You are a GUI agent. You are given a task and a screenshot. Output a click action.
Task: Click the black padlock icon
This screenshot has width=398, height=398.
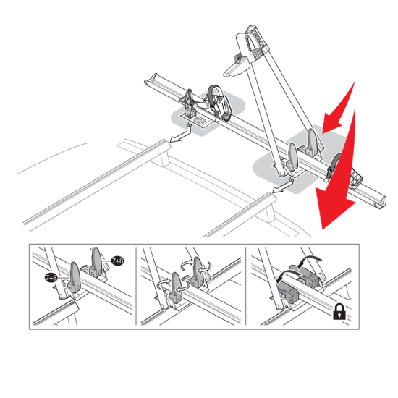[339, 311]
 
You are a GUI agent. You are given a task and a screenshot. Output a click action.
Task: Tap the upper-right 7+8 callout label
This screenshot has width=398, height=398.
[117, 261]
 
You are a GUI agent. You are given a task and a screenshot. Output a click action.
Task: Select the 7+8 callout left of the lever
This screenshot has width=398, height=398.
[51, 278]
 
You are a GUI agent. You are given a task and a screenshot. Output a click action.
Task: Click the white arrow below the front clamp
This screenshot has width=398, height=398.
[181, 134]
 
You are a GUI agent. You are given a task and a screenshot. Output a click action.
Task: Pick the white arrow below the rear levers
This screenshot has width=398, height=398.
[282, 185]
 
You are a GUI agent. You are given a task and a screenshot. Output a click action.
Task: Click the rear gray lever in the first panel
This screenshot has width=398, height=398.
[96, 263]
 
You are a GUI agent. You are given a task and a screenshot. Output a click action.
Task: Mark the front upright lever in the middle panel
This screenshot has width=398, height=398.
[176, 287]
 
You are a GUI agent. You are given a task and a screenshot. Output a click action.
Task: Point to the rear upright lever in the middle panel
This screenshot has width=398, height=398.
[198, 271]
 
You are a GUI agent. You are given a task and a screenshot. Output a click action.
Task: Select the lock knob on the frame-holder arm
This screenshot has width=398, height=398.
[239, 59]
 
